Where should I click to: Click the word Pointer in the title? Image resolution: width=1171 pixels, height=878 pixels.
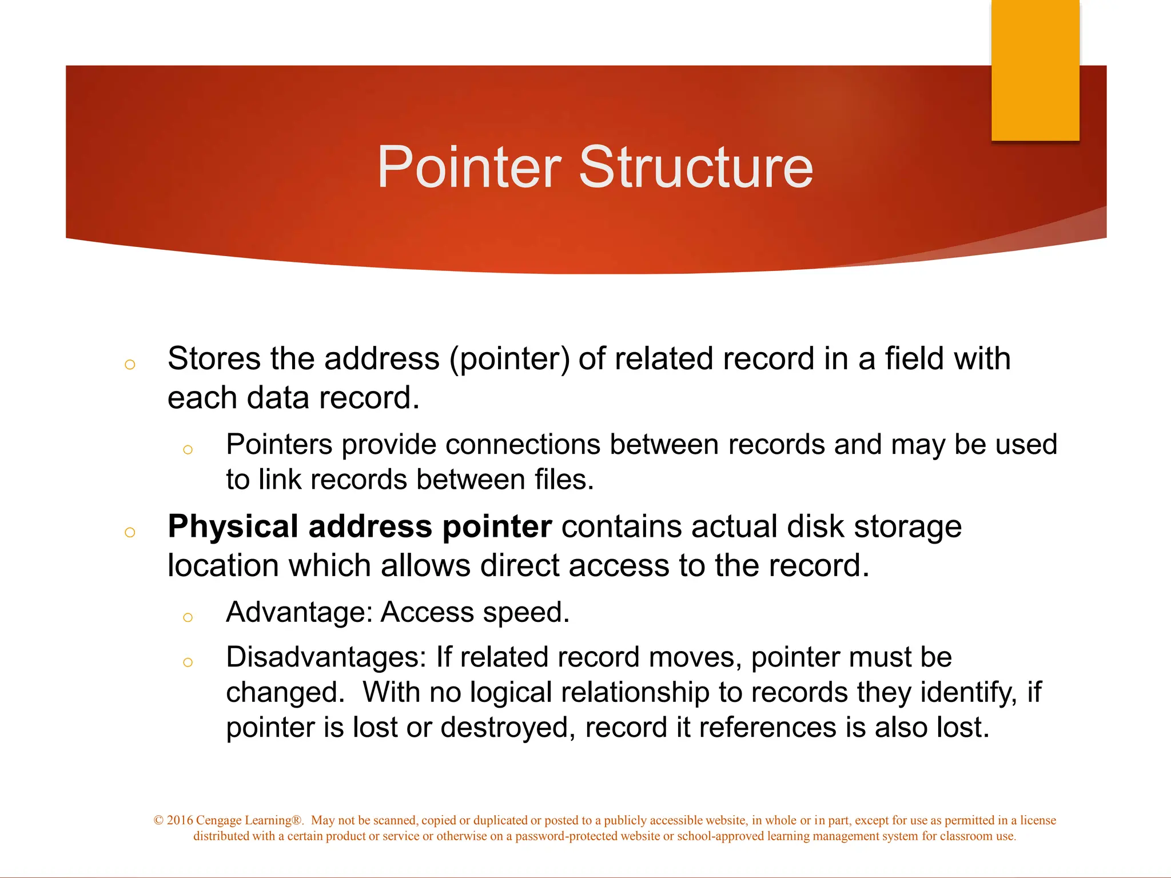[x=469, y=167]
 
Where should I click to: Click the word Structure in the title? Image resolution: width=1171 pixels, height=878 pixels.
[x=696, y=167]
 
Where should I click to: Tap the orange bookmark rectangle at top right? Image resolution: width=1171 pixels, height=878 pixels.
[x=1035, y=70]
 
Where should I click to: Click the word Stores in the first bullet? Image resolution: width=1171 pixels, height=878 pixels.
[x=214, y=359]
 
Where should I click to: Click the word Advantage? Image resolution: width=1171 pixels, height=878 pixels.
[x=299, y=612]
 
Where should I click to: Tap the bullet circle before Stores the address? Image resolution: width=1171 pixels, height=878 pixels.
[x=130, y=365]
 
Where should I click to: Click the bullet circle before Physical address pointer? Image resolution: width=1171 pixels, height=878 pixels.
[x=130, y=533]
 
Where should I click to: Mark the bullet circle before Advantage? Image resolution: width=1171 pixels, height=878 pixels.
[x=188, y=617]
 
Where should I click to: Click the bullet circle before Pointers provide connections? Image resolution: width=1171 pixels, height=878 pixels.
[x=188, y=450]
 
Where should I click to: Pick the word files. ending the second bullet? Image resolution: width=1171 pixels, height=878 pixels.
[x=564, y=480]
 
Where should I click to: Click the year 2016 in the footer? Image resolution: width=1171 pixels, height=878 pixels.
[x=180, y=820]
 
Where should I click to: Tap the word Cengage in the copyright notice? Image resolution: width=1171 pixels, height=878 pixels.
[x=219, y=821]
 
